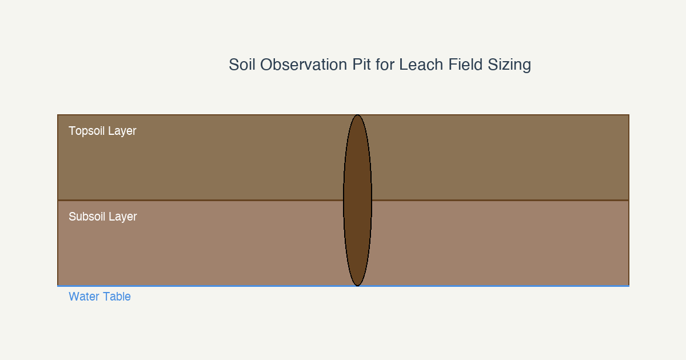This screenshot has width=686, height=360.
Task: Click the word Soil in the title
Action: coord(242,65)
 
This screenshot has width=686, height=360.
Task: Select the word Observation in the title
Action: coord(304,65)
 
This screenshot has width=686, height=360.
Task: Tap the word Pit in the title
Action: coord(361,65)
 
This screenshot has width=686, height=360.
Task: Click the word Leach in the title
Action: coord(421,65)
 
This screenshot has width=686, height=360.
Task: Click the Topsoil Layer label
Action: coord(102,131)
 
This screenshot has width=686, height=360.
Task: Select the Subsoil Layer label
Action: coord(102,217)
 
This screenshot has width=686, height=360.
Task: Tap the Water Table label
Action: coord(99,297)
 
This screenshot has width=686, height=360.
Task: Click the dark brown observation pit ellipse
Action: coord(357,200)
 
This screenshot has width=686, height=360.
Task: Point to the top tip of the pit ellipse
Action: coord(357,115)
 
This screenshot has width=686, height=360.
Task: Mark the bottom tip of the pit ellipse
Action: coord(357,286)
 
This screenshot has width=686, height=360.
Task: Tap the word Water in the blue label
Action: coord(84,297)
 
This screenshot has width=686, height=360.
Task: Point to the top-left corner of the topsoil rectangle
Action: coord(58,115)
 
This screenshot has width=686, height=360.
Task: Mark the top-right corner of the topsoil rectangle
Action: coord(629,115)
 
